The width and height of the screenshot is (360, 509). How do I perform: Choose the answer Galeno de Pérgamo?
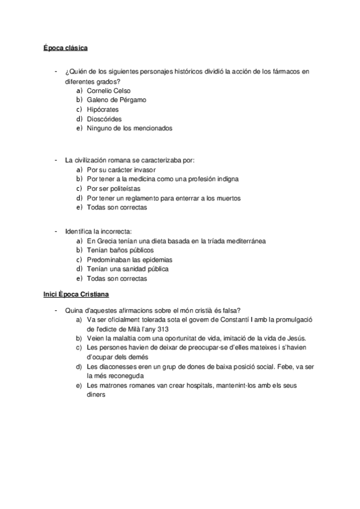pyautogui.click(x=116, y=100)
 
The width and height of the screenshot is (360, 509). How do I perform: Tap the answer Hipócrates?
pyautogui.click(x=103, y=109)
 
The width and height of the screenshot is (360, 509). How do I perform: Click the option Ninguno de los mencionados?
pyautogui.click(x=129, y=128)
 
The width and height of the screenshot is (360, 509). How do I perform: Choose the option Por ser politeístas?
pyautogui.click(x=113, y=188)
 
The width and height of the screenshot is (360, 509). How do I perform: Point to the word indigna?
pyautogui.click(x=226, y=179)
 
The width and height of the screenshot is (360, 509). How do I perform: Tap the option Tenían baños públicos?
pyautogui.click(x=120, y=250)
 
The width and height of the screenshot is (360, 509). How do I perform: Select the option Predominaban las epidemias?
pyautogui.click(x=129, y=259)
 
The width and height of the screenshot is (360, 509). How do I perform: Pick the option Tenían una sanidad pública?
pyautogui.click(x=127, y=269)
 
